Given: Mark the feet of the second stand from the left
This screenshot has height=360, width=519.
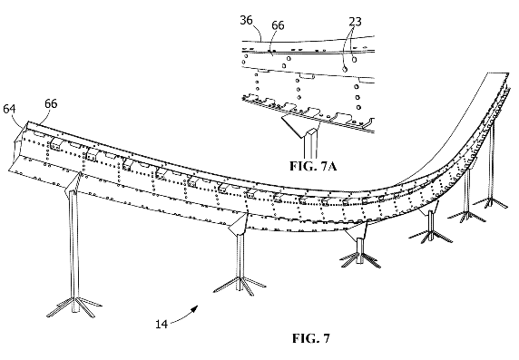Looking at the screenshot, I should point(240,288).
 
